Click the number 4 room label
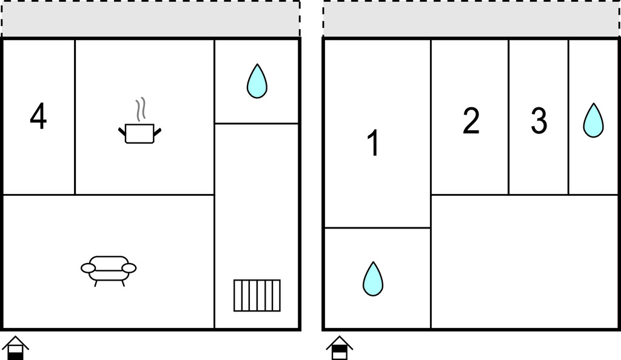coord(38,116)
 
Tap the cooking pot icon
coord(140,133)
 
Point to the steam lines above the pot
coord(141,109)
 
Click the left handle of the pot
coord(122,132)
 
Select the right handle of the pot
coord(157,132)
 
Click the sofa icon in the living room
coord(109,271)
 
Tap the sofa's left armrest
coord(88,268)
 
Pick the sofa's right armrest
coord(129,268)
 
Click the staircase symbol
coord(257,296)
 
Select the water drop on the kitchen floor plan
coord(257,81)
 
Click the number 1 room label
coord(373,143)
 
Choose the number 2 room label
coord(471,120)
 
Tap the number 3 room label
coord(539,120)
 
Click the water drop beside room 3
coord(593,121)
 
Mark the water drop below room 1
coord(373,279)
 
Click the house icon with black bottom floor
coord(15,348)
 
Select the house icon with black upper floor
coord(340,348)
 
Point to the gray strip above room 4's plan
coord(150,19)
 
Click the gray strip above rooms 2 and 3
coord(471,19)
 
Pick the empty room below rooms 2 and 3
coord(525,261)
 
